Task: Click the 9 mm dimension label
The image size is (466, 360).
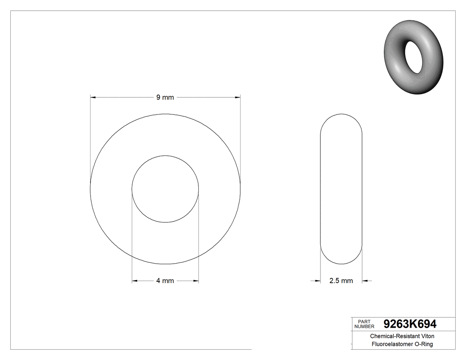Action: [x=165, y=97]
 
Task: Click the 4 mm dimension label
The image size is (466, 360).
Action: [x=165, y=281]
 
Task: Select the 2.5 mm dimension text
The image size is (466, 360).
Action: [x=341, y=281]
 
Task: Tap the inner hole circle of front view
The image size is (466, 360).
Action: [x=165, y=189]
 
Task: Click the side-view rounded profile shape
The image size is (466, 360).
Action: [x=341, y=189]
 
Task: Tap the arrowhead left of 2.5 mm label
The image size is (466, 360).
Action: [x=317, y=281]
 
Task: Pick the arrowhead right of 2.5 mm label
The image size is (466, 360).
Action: [x=366, y=281]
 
